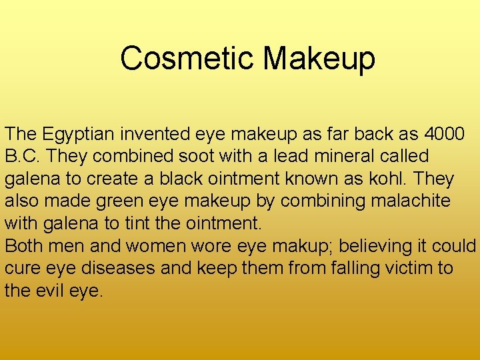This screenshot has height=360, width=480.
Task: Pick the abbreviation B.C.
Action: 21,157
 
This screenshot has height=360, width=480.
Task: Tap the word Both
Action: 25,246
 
